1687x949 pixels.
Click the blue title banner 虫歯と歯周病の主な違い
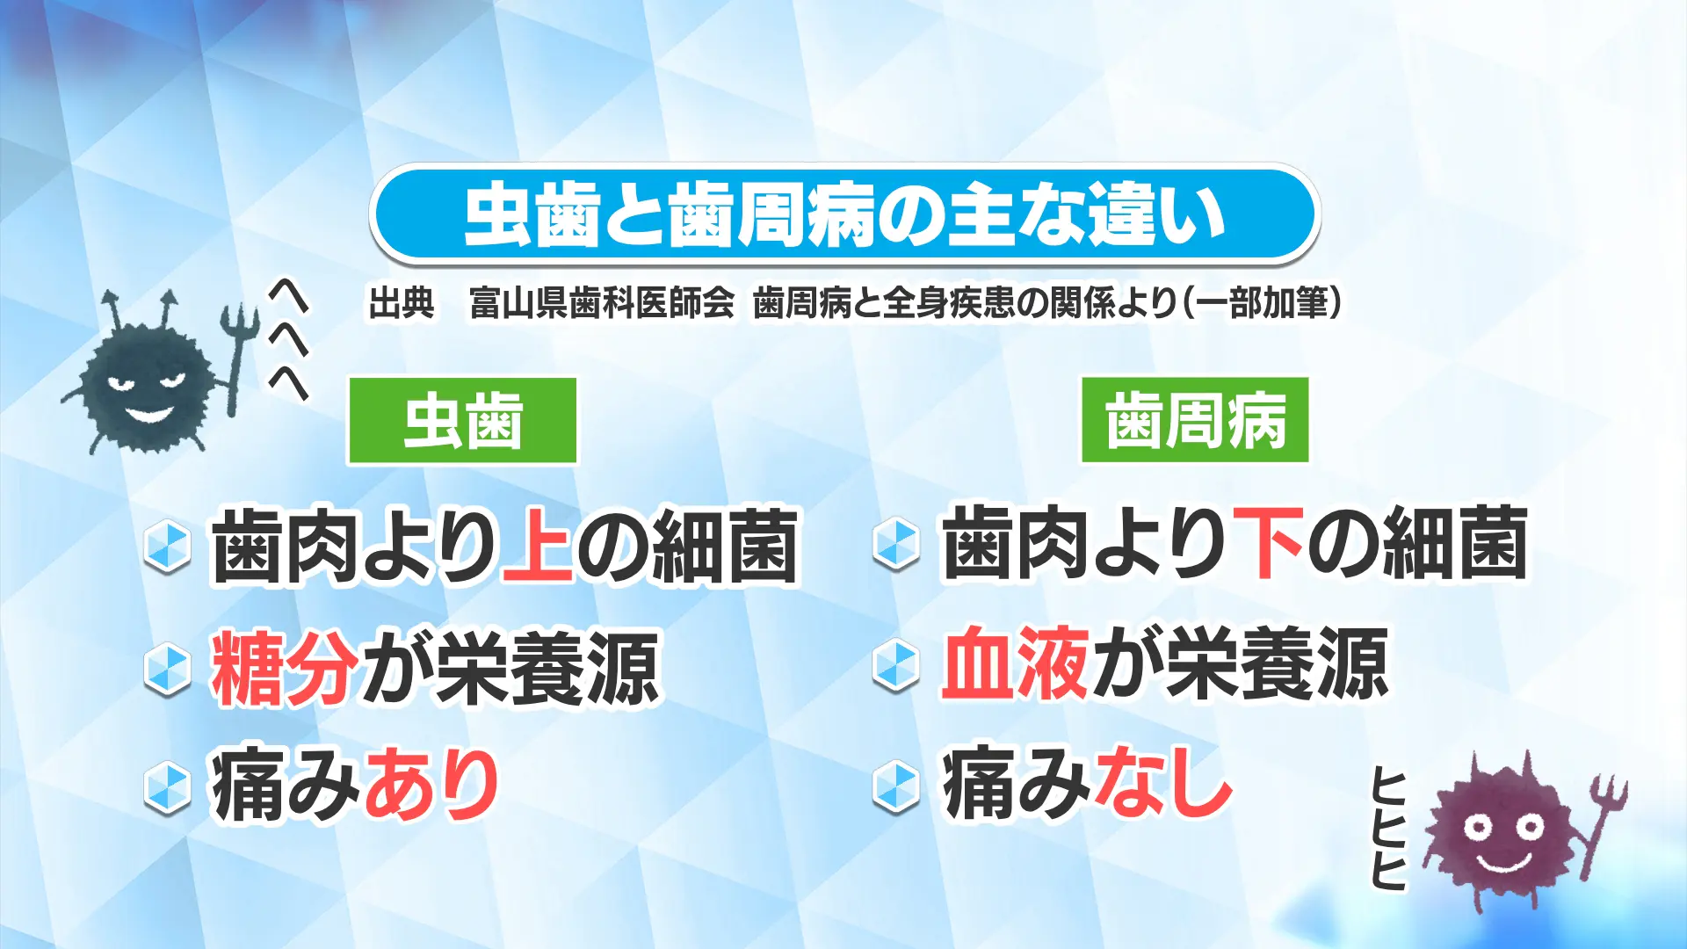[844, 214]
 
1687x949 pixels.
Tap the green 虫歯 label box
[463, 421]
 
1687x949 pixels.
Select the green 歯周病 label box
[1195, 420]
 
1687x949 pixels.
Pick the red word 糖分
[284, 668]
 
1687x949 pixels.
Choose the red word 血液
[1015, 663]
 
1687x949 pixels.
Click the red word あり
[431, 784]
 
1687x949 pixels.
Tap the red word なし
[1160, 781]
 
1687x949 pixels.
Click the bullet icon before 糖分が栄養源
[167, 670]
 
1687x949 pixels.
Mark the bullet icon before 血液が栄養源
[896, 665]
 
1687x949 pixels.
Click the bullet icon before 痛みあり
[167, 787]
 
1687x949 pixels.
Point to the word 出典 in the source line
[402, 303]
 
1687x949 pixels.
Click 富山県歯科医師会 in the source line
[601, 303]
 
